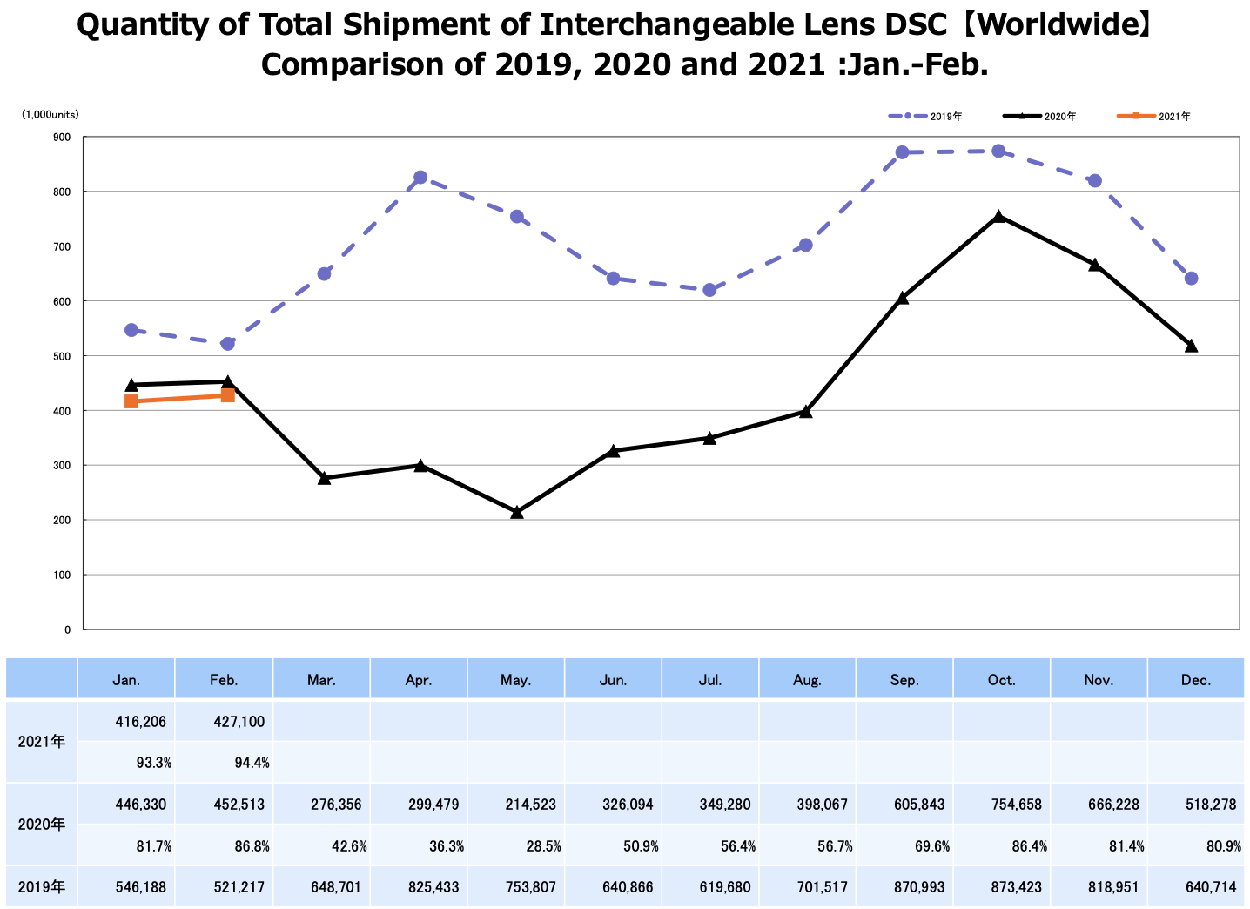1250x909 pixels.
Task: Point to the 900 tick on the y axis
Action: click(61, 137)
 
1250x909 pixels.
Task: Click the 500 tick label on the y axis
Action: click(61, 356)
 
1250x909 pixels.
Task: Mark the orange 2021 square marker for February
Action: click(228, 395)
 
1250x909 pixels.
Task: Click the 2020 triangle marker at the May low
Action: click(517, 513)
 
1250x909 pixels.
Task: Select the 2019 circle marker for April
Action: click(420, 178)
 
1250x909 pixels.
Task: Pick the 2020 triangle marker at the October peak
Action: click(999, 217)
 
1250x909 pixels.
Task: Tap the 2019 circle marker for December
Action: click(1192, 279)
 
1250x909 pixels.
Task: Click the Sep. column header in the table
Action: click(904, 680)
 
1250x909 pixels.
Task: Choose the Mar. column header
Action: click(321, 680)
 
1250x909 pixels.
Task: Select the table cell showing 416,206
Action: click(141, 722)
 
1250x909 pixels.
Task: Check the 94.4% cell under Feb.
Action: click(252, 763)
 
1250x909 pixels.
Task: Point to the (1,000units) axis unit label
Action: click(50, 114)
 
